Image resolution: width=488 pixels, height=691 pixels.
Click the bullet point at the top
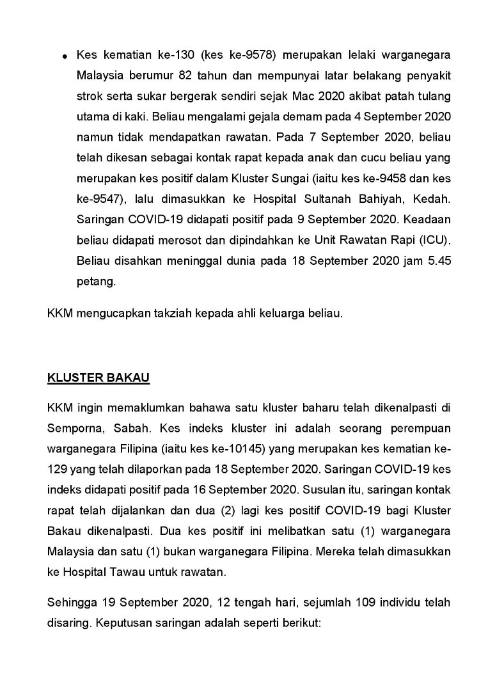coord(65,58)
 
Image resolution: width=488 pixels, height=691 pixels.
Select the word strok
coord(89,97)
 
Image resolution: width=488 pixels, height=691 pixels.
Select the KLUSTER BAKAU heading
coord(98,377)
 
